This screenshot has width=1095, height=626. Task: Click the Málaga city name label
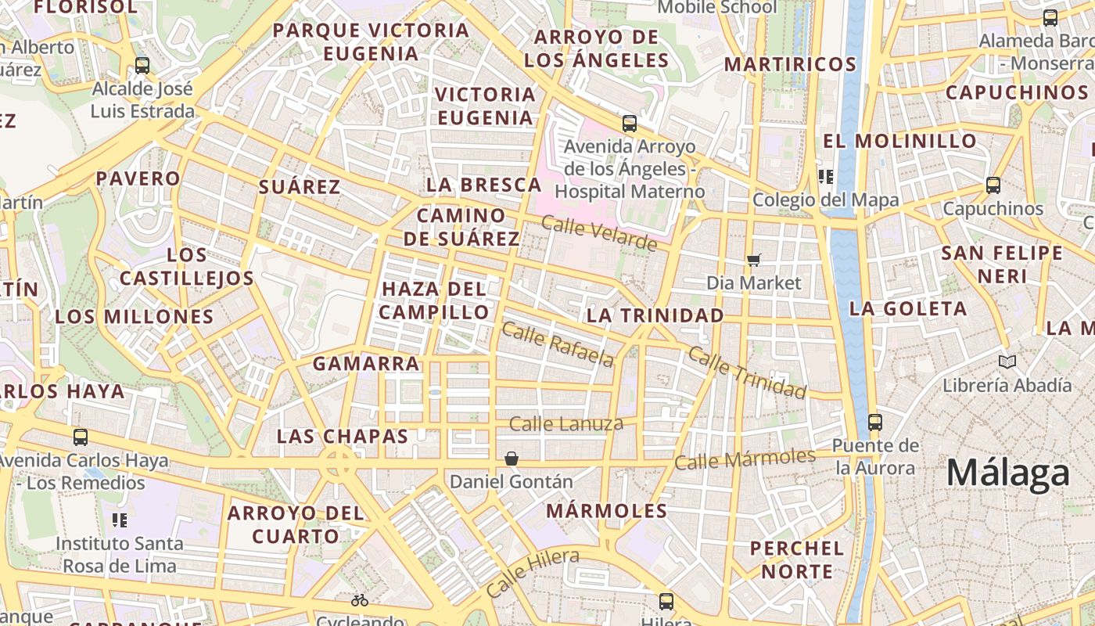1007,473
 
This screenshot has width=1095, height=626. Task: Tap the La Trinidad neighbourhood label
655,315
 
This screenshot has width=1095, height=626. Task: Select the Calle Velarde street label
599,233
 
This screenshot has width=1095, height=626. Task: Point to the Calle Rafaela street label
558,344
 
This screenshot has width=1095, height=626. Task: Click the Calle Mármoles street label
745,459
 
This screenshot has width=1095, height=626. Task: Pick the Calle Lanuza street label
566,424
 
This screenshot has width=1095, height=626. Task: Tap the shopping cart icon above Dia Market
754,260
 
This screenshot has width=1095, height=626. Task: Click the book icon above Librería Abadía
1007,362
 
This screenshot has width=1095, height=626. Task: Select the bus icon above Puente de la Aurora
875,422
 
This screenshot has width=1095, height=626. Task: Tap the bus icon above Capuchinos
993,185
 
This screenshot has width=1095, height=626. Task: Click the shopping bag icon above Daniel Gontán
512,458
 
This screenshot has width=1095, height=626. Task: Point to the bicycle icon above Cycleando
360,600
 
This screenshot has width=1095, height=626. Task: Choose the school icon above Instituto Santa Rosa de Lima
120,520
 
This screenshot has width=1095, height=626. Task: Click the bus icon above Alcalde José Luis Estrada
142,65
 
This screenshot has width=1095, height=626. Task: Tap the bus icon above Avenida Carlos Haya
80,437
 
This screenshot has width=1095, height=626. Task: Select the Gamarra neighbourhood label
366,364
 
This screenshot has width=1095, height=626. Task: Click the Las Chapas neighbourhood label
343,437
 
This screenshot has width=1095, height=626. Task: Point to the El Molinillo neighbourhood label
899,142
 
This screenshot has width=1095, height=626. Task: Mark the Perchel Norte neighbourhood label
797,559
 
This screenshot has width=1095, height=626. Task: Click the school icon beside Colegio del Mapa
826,177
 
